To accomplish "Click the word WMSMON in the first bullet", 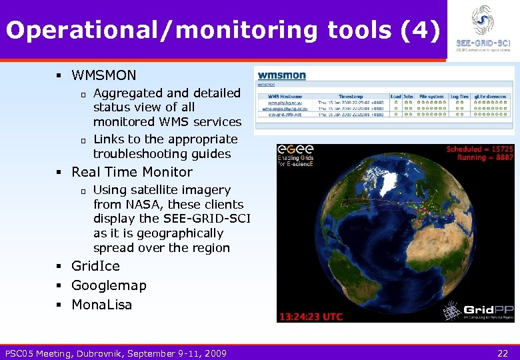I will click(103, 75).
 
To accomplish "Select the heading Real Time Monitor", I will click(131, 171).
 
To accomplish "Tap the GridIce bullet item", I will click(95, 266).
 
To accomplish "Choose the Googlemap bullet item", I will click(109, 285).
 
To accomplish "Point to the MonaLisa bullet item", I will click(101, 305).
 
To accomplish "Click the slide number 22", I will click(502, 353).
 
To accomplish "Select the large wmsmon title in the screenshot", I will click(282, 75).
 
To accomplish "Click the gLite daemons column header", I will click(490, 96).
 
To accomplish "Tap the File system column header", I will click(431, 96).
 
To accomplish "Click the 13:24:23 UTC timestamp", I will click(311, 315).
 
